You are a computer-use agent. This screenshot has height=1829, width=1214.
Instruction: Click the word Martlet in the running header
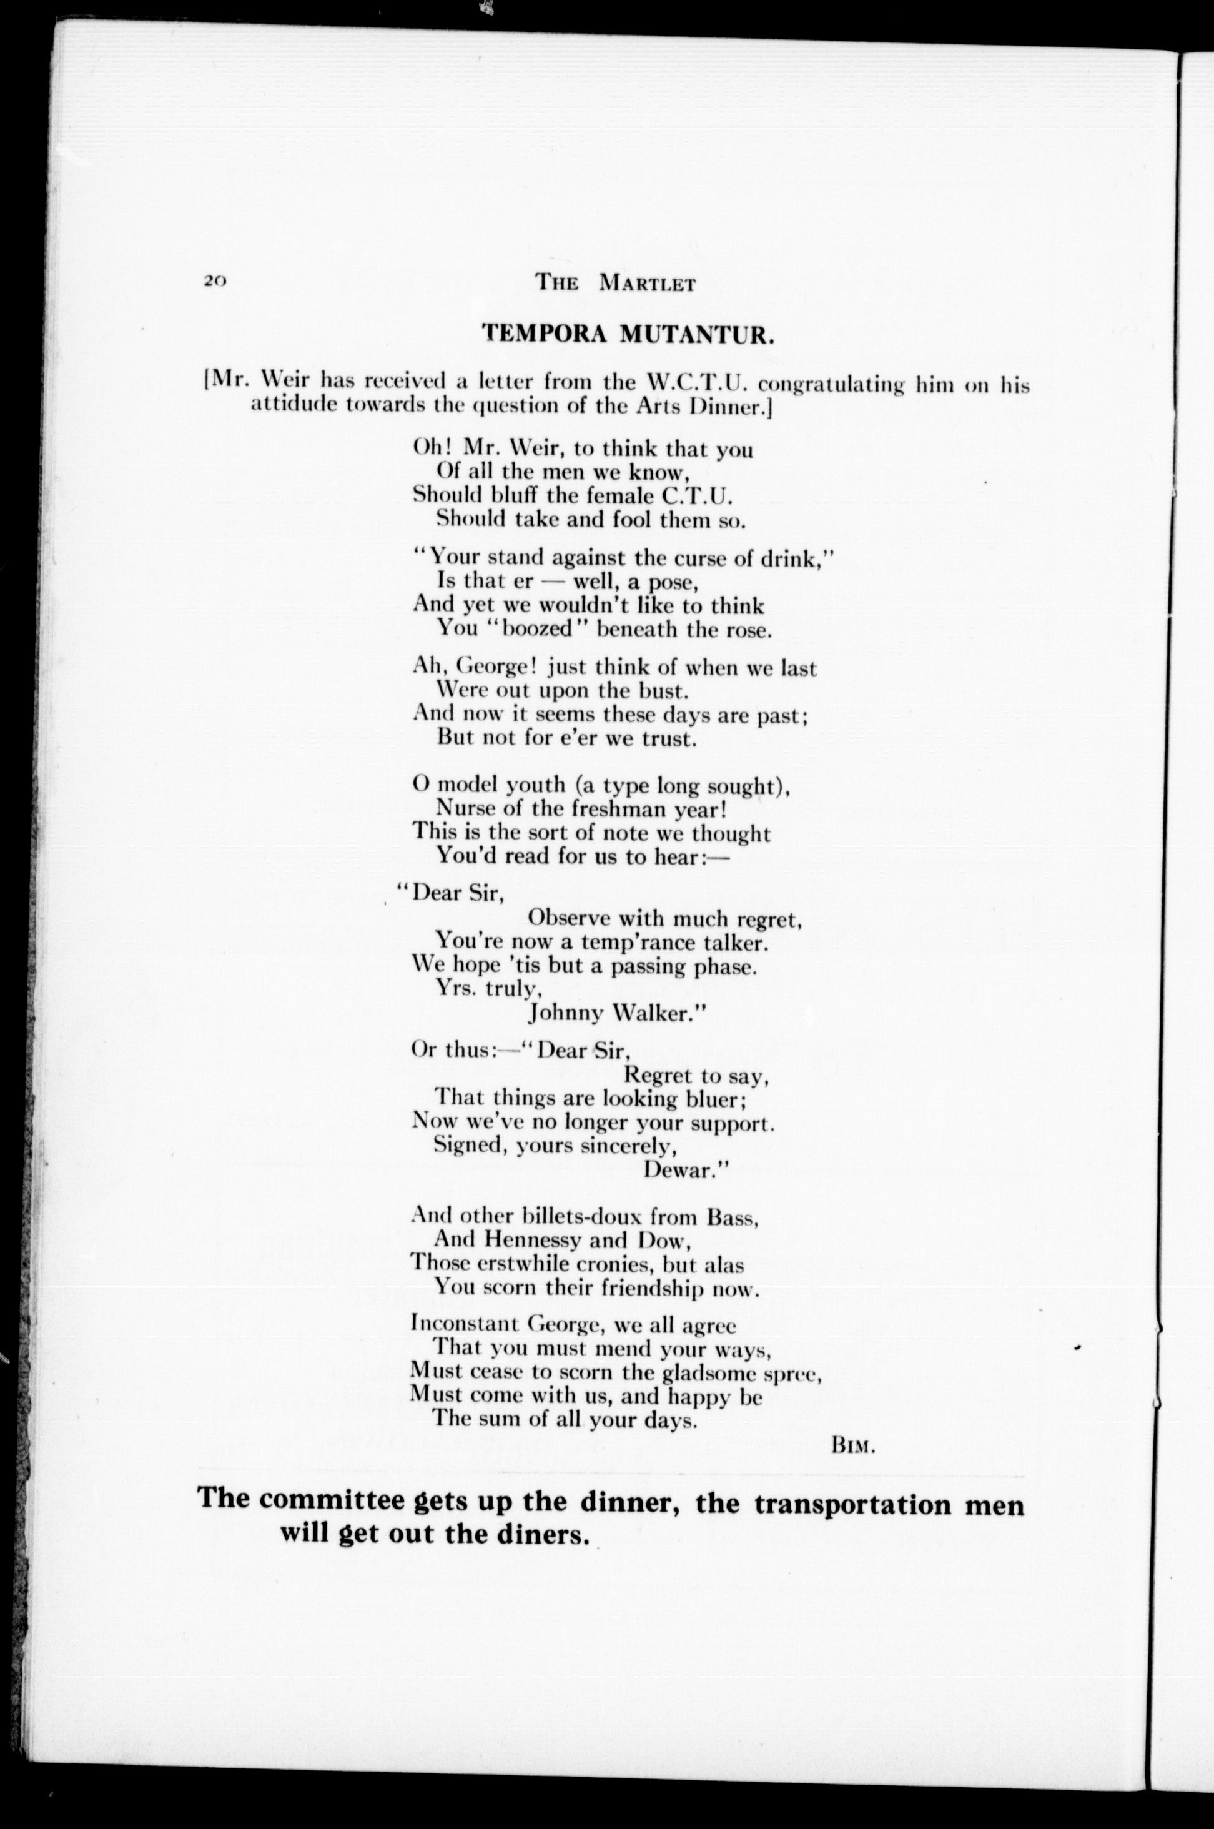coord(647,284)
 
